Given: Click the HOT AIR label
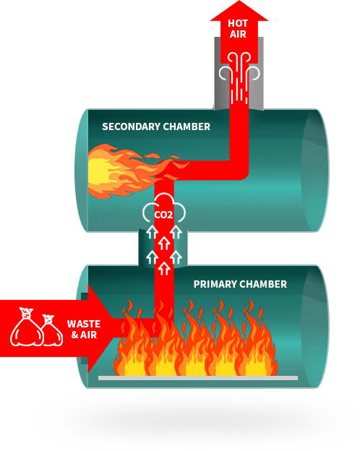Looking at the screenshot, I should click(238, 28).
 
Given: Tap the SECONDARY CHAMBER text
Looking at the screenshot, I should click(156, 126).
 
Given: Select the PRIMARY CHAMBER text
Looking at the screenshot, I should click(240, 284).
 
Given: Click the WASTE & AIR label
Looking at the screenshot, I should click(84, 330).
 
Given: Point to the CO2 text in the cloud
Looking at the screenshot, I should click(164, 214).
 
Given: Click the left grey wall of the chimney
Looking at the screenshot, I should click(218, 72).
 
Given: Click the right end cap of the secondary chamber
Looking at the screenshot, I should click(315, 170).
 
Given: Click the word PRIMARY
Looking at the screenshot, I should click(213, 284).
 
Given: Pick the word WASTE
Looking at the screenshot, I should click(84, 324).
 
